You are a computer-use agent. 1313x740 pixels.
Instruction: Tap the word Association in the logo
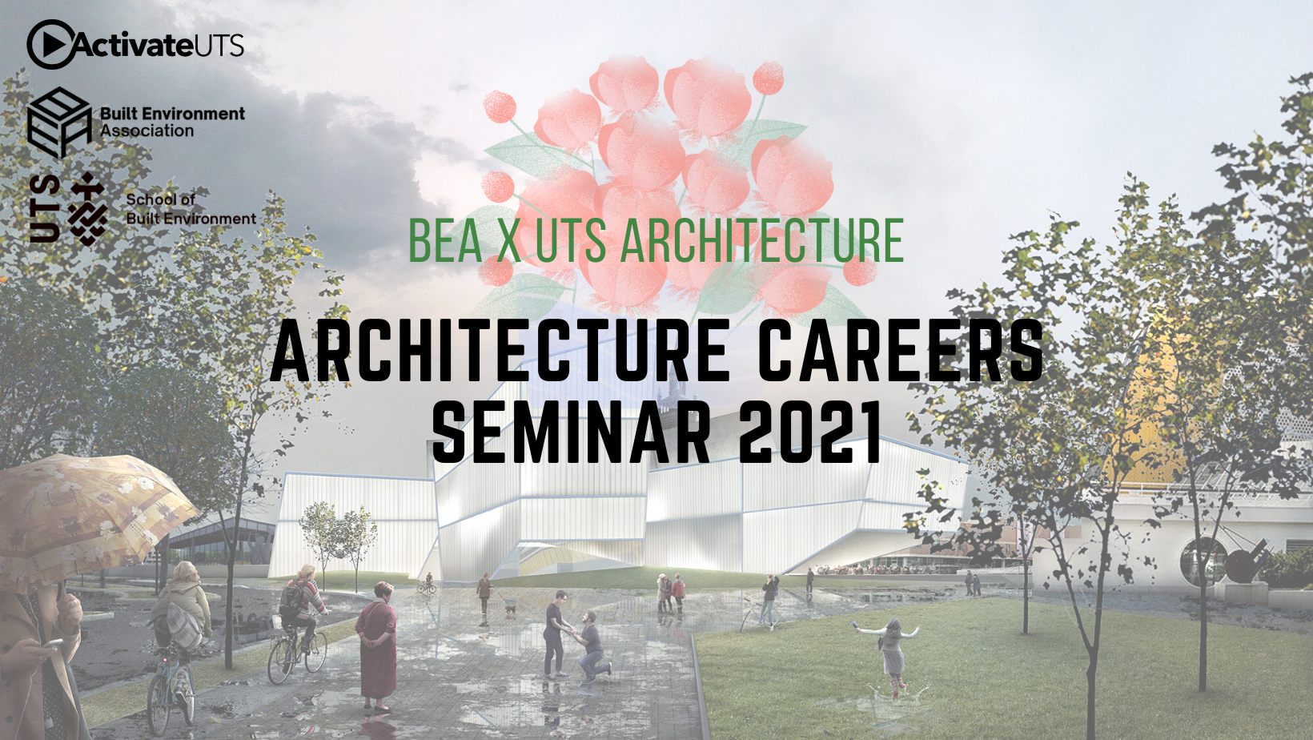point(147,131)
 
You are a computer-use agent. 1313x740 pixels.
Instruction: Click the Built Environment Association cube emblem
point(58,123)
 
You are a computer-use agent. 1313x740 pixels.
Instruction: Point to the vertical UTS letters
point(45,208)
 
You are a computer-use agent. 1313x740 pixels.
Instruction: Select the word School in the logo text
point(150,199)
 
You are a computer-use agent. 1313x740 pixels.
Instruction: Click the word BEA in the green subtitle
point(445,240)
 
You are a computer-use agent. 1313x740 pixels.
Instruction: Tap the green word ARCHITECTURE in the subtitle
point(762,240)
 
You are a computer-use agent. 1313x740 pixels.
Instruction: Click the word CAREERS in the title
point(901,351)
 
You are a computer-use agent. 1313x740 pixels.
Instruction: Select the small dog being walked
point(510,610)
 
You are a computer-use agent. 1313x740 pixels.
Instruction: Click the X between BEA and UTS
point(508,240)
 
